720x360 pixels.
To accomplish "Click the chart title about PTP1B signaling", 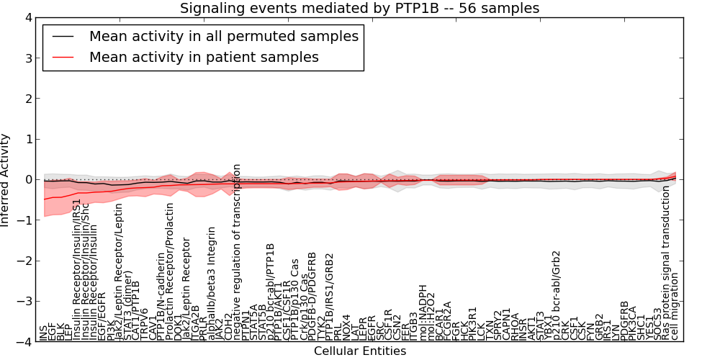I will pos(359,8).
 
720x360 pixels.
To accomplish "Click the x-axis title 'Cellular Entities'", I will pos(359,351).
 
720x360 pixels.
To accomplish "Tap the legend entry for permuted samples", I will pos(223,36).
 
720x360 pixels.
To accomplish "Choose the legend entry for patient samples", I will pos(204,56).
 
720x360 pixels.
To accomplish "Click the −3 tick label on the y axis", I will pos(25,302).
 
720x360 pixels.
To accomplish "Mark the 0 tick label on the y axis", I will pos(28,179).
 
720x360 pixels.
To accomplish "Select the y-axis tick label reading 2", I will pos(28,98).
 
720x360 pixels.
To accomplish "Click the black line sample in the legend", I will pos(63,37).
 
